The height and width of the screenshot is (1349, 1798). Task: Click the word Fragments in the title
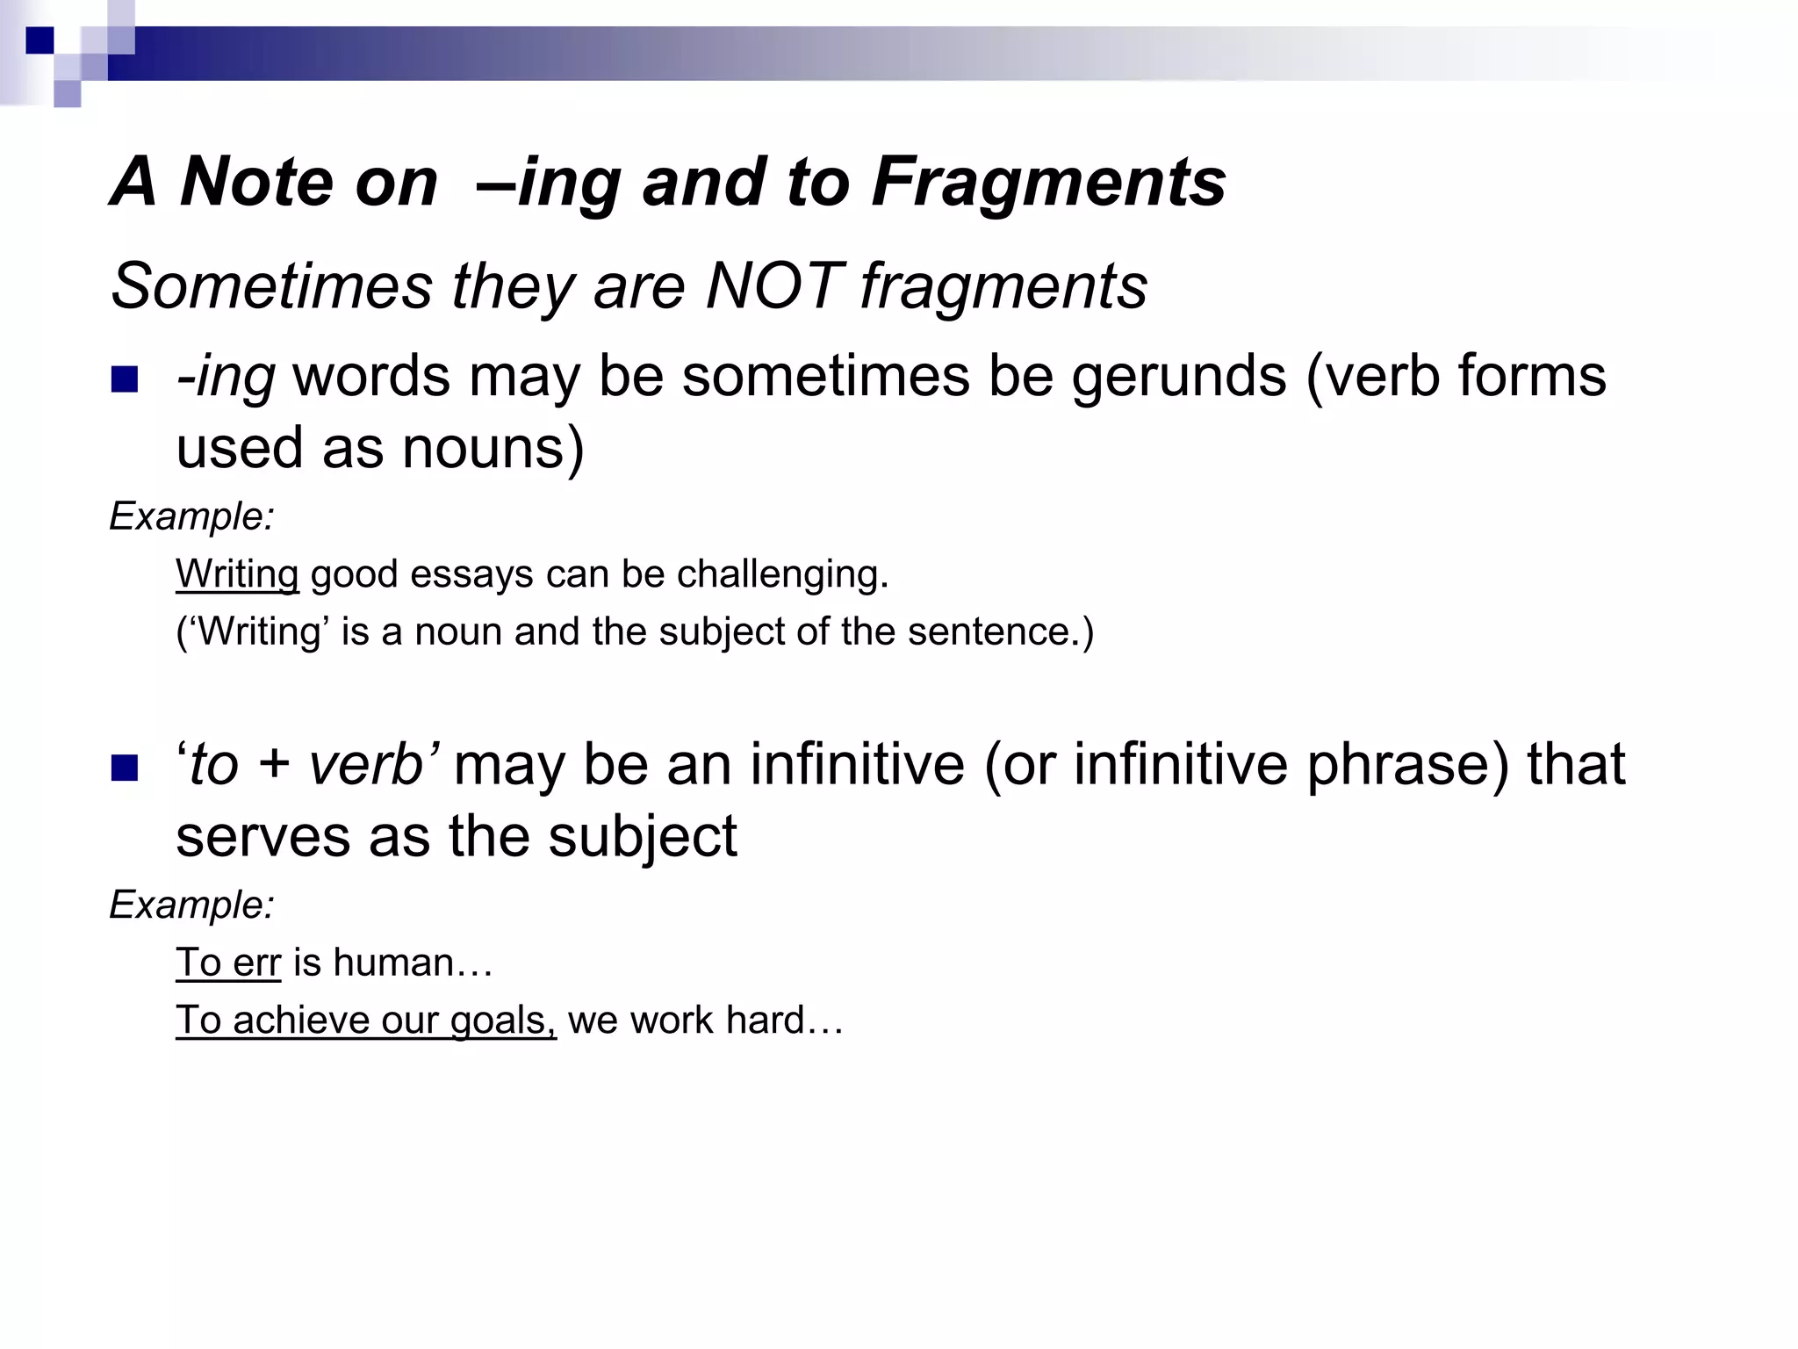tap(1048, 183)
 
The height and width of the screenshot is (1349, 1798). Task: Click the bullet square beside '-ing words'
tap(125, 379)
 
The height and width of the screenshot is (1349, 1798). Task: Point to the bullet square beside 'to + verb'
tap(125, 768)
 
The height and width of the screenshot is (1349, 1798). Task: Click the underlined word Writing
tap(237, 574)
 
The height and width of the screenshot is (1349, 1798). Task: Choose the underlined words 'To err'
tap(228, 963)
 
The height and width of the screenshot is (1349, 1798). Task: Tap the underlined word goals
tap(503, 1021)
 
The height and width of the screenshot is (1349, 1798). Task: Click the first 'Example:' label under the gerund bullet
tap(191, 516)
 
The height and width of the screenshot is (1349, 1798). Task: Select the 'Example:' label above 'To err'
tap(191, 905)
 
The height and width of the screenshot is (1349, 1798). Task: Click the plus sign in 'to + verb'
tap(275, 765)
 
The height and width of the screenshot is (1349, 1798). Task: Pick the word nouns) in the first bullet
tap(493, 449)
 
